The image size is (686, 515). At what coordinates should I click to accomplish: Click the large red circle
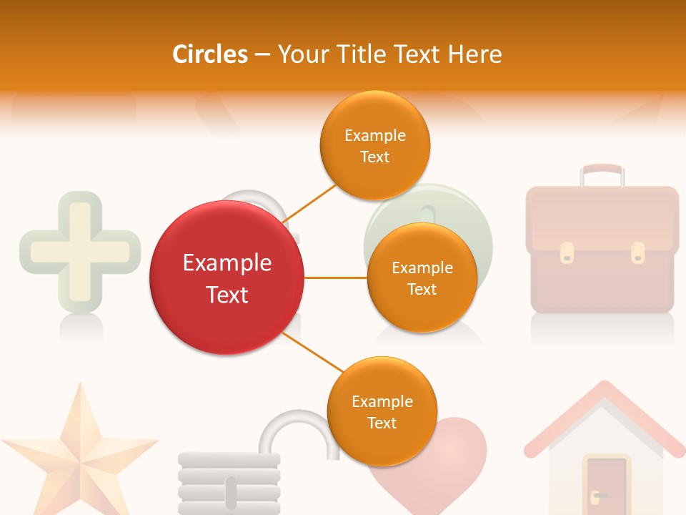227,278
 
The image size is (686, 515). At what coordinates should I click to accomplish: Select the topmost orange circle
374,145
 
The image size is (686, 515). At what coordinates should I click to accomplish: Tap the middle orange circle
422,278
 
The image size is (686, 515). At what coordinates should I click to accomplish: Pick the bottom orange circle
382,411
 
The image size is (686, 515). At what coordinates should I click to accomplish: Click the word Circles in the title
210,54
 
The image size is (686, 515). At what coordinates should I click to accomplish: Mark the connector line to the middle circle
335,278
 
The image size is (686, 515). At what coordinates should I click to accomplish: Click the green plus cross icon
79,250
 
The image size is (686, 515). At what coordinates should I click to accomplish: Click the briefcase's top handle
601,172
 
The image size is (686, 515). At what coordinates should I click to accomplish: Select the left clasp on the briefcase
567,252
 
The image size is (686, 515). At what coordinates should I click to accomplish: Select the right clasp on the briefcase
637,252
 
